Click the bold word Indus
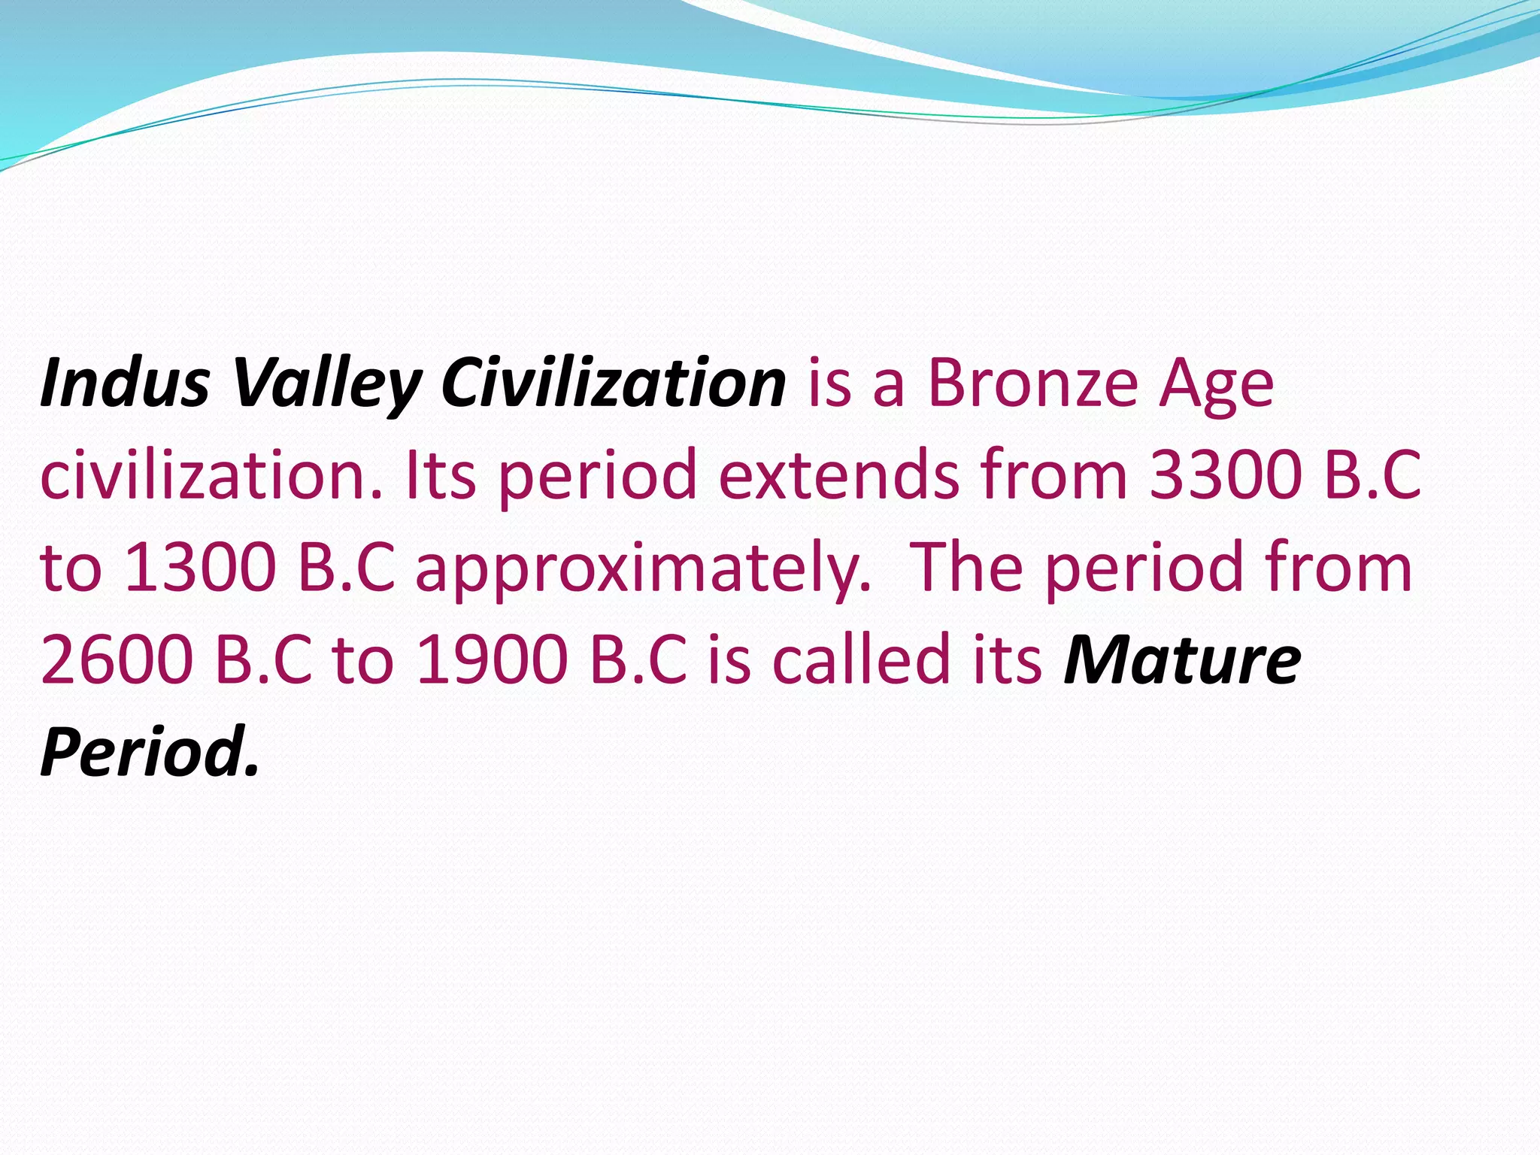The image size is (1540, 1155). coord(124,383)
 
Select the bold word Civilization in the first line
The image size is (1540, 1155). coord(613,383)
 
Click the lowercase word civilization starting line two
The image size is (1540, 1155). coord(211,475)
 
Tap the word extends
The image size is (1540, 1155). coord(838,475)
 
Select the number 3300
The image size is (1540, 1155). coord(1226,475)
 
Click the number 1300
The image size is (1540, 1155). coord(200,568)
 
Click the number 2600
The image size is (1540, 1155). coord(117,659)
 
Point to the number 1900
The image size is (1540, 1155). coord(491,659)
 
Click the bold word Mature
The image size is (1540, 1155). coord(1182,659)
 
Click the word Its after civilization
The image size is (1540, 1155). coord(441,475)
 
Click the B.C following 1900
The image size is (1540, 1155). coord(638,659)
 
